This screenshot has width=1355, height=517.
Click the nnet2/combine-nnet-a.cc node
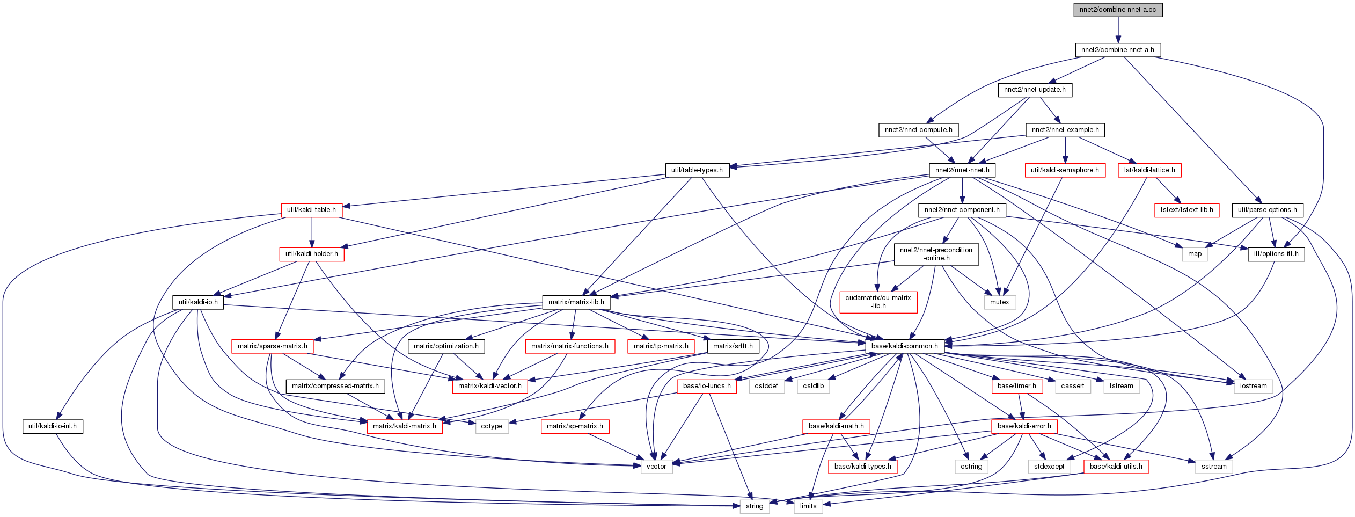1118,10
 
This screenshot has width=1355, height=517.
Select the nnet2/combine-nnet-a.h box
1117,50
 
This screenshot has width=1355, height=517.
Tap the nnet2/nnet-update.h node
1035,90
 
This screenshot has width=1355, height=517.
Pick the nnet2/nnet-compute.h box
918,130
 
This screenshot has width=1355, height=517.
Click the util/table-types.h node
697,170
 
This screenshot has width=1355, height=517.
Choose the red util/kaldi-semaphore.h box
1065,170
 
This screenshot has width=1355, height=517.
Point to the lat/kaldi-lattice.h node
1149,170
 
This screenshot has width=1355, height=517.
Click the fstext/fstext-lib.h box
1186,210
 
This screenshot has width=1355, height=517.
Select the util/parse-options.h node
1267,210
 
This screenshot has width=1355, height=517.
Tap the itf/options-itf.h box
1276,254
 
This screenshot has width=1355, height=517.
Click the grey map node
1195,254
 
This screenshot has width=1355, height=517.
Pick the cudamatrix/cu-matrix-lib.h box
878,302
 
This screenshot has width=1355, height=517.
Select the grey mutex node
999,302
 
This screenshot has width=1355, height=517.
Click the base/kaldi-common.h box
904,346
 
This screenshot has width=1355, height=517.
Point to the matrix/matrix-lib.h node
576,302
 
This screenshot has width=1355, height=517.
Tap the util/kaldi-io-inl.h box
53,426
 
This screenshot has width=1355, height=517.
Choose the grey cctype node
492,426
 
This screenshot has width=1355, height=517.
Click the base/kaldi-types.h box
862,467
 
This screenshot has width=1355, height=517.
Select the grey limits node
808,506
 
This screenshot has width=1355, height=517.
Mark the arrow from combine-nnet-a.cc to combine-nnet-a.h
1118,30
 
